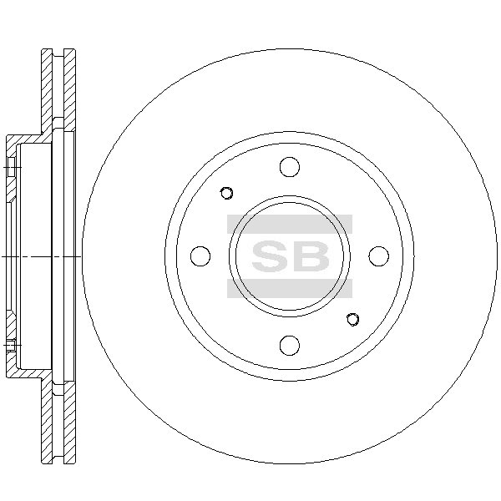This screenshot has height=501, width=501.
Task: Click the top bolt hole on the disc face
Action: click(290, 167)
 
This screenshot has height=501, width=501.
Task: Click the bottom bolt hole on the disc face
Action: click(290, 346)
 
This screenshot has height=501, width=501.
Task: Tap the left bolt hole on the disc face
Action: click(200, 256)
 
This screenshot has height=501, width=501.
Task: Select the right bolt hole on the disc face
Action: click(379, 256)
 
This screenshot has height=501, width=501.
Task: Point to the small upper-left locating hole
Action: click(226, 193)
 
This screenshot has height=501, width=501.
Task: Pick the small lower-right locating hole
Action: click(352, 320)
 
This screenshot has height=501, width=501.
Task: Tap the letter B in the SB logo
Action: click(311, 256)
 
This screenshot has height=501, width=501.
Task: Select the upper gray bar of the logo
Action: click(290, 224)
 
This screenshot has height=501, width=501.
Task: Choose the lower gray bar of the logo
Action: click(290, 289)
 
